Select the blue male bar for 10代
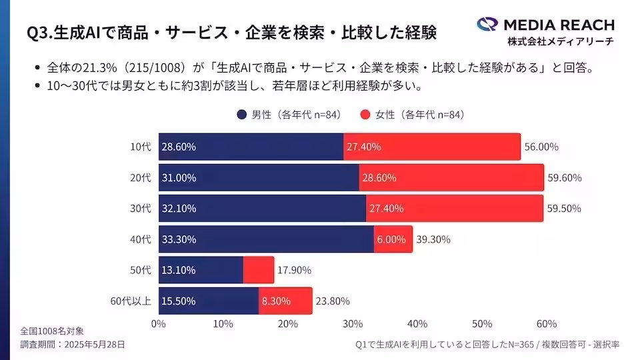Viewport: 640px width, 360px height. tap(251, 147)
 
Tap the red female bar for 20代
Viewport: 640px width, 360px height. tap(451, 178)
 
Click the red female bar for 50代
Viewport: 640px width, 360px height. tap(258, 270)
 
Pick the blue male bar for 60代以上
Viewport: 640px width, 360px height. tap(208, 301)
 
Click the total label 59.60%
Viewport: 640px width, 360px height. tap(565, 178)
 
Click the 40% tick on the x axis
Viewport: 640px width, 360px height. tap(417, 324)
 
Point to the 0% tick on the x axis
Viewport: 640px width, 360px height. tap(159, 324)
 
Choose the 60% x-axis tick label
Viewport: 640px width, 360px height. tap(546, 324)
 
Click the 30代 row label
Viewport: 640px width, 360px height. tap(141, 209)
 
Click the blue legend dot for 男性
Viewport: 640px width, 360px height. tap(241, 115)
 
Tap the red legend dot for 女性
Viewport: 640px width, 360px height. tap(365, 115)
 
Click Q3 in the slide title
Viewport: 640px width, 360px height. tap(38, 33)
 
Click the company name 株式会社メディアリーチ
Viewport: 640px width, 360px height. tap(560, 41)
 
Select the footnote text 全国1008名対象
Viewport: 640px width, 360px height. tap(51, 331)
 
